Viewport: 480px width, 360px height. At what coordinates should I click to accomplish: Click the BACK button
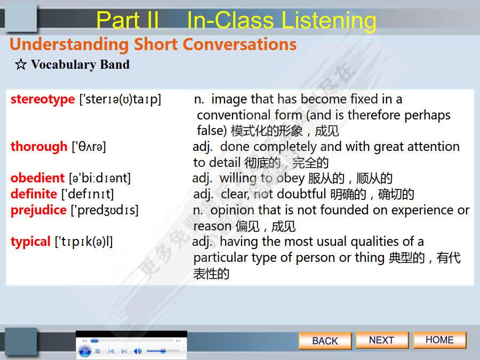[325, 341]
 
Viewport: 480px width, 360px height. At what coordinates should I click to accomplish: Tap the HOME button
[439, 340]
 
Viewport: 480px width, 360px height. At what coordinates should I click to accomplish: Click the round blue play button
[84, 351]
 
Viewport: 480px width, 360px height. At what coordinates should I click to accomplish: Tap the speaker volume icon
[138, 351]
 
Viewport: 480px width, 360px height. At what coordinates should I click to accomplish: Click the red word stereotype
[43, 99]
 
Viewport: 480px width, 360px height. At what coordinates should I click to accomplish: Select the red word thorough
[39, 146]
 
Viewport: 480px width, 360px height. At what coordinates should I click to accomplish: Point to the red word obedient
[38, 178]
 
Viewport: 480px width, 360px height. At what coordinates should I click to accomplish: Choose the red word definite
[34, 194]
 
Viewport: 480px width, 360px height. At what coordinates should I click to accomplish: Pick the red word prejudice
[38, 210]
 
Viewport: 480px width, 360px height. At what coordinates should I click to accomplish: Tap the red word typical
[30, 242]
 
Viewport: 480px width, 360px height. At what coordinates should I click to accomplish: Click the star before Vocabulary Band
[20, 65]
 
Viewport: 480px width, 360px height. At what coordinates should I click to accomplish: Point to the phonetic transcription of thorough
[89, 147]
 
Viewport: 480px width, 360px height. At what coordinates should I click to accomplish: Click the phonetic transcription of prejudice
[105, 210]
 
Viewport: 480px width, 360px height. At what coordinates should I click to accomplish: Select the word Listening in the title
[328, 20]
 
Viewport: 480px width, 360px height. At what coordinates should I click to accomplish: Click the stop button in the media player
[98, 351]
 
